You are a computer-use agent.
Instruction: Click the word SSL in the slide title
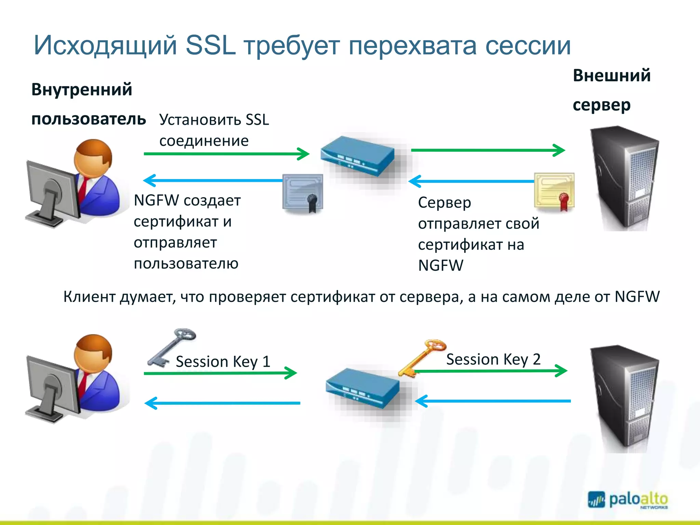click(211, 45)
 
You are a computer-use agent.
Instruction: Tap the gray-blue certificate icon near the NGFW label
click(303, 193)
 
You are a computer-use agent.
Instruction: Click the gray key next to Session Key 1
click(171, 347)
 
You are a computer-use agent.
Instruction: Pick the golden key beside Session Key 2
click(422, 357)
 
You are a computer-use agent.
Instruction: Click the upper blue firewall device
click(358, 156)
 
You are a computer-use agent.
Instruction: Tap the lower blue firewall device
click(362, 388)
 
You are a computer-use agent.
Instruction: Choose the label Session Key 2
click(493, 360)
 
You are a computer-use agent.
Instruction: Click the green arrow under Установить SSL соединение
click(226, 154)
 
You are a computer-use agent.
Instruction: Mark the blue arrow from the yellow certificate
click(472, 181)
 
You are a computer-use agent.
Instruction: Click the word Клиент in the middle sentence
click(90, 297)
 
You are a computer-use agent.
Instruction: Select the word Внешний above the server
click(611, 76)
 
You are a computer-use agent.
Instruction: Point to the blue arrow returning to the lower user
click(222, 403)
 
